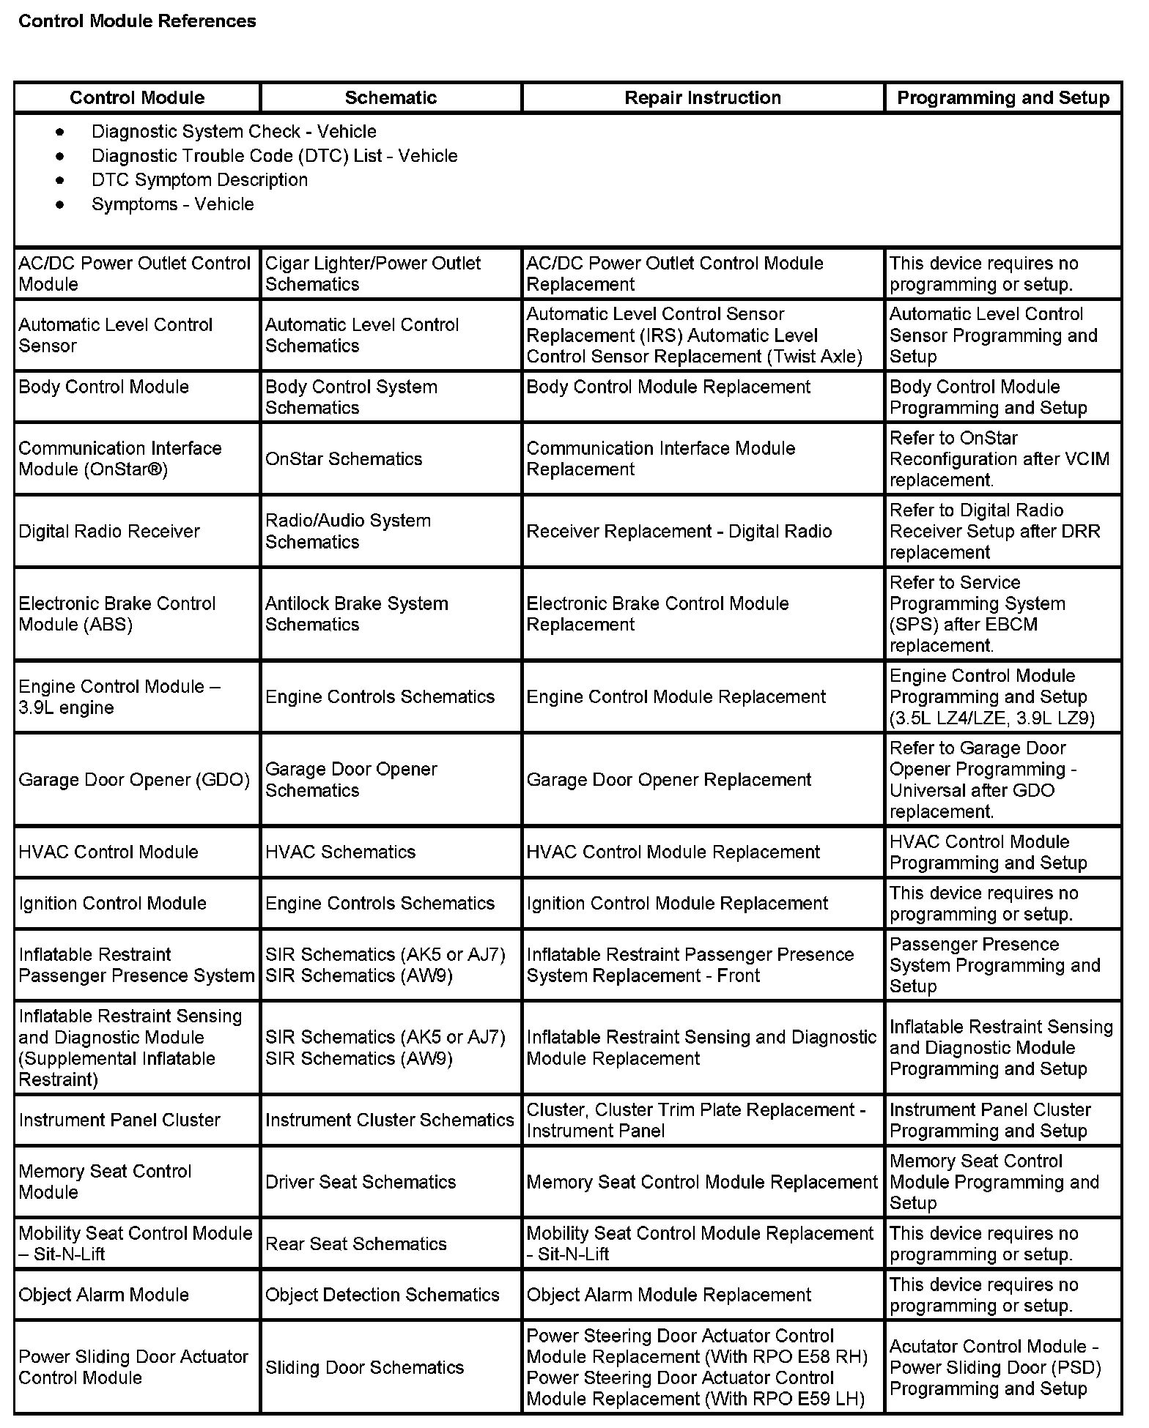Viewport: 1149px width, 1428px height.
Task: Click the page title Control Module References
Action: point(137,21)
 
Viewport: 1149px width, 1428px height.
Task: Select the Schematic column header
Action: point(391,97)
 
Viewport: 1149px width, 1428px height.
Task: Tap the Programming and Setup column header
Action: point(1002,97)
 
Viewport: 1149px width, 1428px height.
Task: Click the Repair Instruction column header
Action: point(702,97)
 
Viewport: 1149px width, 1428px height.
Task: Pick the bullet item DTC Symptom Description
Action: point(199,180)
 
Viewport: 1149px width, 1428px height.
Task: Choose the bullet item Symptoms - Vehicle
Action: point(172,204)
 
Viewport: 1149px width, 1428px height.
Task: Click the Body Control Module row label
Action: point(103,387)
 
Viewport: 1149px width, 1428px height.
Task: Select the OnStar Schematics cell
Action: point(344,459)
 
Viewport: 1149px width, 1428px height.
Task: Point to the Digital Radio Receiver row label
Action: point(109,532)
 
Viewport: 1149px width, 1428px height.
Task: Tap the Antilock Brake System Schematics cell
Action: point(356,614)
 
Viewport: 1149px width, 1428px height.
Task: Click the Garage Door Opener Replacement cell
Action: point(668,780)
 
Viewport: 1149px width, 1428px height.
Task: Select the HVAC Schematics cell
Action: point(340,852)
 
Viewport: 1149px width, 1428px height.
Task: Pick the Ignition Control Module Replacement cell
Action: point(677,904)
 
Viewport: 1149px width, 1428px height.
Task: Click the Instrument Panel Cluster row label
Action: point(119,1120)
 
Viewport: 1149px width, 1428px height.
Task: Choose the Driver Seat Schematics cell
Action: point(361,1182)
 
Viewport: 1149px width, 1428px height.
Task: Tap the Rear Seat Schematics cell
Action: point(355,1244)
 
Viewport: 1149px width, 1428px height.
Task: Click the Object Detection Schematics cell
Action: point(382,1295)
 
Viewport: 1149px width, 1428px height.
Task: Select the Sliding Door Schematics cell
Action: point(364,1367)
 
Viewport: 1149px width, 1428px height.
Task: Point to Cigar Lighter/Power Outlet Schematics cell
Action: point(373,274)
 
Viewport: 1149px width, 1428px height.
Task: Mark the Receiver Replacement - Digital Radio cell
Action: point(679,532)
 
